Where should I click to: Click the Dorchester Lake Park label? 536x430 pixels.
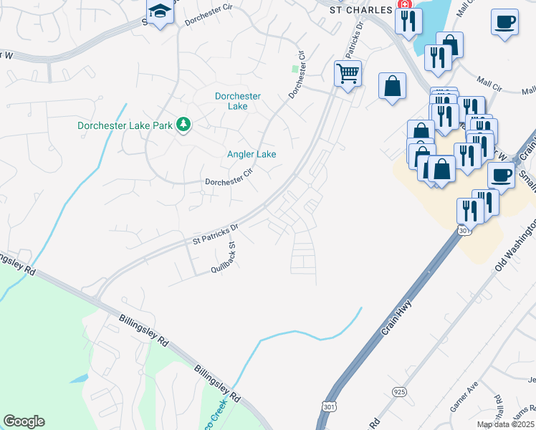pyautogui.click(x=125, y=125)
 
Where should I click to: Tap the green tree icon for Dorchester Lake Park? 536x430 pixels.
pyautogui.click(x=184, y=125)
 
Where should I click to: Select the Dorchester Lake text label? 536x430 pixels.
pyautogui.click(x=238, y=101)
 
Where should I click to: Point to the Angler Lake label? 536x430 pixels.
pyautogui.click(x=252, y=154)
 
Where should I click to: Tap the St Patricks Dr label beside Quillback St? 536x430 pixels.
pyautogui.click(x=215, y=235)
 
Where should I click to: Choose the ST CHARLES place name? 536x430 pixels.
pyautogui.click(x=360, y=11)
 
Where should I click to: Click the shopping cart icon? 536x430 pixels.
pyautogui.click(x=348, y=72)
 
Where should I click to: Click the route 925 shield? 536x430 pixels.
pyautogui.click(x=398, y=391)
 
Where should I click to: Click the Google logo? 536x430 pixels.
pyautogui.click(x=24, y=421)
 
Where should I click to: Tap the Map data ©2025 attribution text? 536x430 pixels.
pyautogui.click(x=506, y=424)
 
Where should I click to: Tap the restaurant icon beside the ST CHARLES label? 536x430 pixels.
pyautogui.click(x=408, y=21)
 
